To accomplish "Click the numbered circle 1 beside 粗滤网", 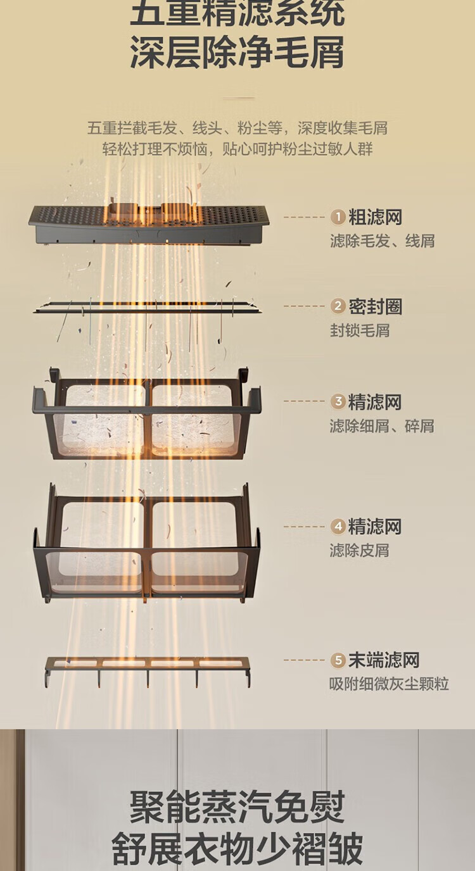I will coord(338,218).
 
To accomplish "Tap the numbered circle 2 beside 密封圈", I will coord(338,307).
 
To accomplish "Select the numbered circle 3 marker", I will coord(338,402).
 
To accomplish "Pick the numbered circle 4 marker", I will coord(338,527).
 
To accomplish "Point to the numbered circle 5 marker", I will coord(338,661).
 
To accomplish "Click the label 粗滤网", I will coord(375,218).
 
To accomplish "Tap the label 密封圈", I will coord(375,307).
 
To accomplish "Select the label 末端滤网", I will coord(384,661).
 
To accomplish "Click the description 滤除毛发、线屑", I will coord(382,241).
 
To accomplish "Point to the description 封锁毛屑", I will coord(359,330).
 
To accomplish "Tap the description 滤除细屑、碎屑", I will coord(382,426).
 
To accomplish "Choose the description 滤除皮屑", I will coord(359,551).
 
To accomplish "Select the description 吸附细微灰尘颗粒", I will coord(389,684).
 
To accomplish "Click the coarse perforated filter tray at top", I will coord(149,223).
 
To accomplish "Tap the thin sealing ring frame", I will coord(147,308).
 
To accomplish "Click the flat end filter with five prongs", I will coord(147,668).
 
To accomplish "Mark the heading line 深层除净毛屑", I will coord(237,52).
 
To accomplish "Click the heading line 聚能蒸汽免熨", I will coord(237,806).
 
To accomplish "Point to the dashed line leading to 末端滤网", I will coord(304,660).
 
